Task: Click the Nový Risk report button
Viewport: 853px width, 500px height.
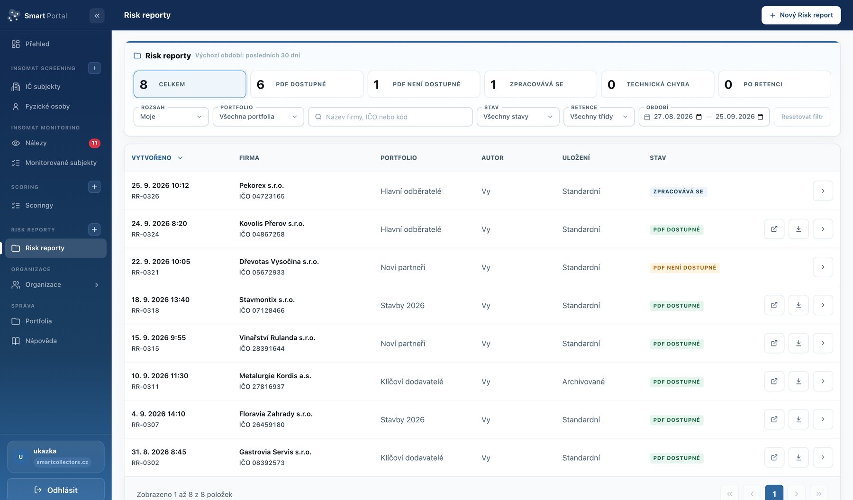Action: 801,15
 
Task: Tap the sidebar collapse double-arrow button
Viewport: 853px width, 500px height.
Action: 97,16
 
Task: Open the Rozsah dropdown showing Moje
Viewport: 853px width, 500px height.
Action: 171,117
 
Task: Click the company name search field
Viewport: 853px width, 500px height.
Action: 390,117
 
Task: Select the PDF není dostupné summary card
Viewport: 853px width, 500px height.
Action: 424,84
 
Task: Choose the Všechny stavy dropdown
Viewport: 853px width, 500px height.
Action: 518,117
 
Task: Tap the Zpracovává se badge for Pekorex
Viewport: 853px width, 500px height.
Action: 678,191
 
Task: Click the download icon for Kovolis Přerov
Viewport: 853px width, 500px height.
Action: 799,229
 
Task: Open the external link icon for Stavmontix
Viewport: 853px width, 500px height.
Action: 774,305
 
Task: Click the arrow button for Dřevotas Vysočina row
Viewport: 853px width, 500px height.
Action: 823,267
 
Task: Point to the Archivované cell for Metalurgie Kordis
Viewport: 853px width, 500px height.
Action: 583,382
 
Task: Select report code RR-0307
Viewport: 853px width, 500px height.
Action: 145,425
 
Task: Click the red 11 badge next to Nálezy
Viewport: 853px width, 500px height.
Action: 95,143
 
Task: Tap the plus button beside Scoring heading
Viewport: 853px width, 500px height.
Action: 94,187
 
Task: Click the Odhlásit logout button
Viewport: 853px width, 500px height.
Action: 56,490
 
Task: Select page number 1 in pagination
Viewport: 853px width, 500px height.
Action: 774,493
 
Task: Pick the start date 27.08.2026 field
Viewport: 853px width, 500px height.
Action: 673,117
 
